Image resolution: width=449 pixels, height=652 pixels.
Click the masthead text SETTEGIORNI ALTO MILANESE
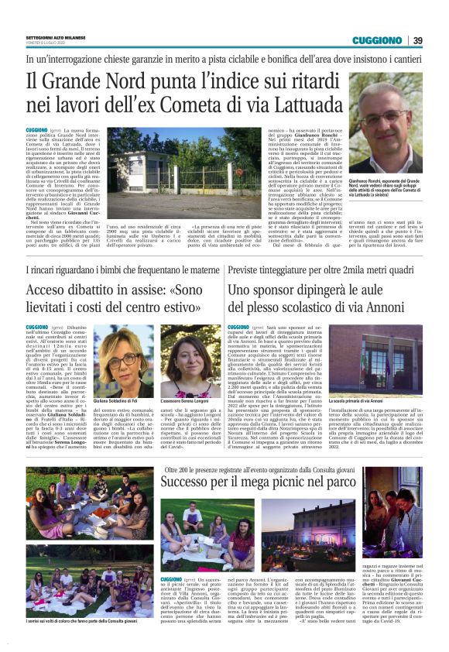tap(57, 37)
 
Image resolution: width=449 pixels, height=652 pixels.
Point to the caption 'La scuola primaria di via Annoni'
tap(367, 402)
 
